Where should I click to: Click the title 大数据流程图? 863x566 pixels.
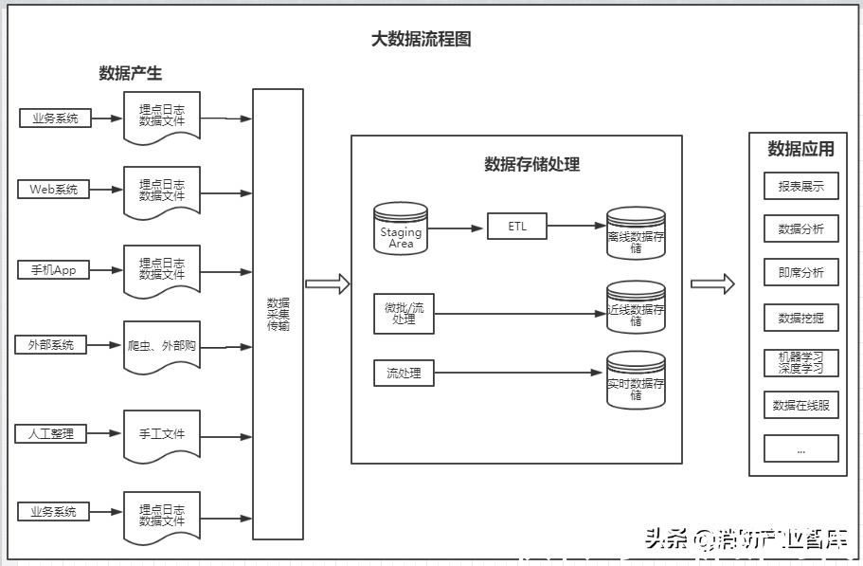[421, 39]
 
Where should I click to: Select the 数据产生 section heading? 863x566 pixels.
[130, 73]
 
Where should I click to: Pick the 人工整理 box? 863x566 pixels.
[50, 433]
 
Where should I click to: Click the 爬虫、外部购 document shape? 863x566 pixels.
[162, 346]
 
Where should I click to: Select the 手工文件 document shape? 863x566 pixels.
[162, 434]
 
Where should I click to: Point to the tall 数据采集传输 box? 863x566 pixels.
[278, 314]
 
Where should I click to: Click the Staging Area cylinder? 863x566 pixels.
[401, 228]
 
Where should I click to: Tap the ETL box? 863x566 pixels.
[516, 227]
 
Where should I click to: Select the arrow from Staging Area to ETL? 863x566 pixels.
[457, 228]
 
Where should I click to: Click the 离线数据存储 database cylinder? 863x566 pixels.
[636, 234]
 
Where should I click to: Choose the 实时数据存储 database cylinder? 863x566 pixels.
[636, 381]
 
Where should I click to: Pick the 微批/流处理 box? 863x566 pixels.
[405, 314]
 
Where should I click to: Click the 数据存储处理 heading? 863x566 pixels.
[531, 164]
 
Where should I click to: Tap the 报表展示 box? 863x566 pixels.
[800, 186]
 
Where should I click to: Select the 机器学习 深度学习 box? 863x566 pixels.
[800, 362]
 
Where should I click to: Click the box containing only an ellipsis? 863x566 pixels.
[800, 448]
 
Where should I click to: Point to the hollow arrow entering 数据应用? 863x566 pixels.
[712, 283]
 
